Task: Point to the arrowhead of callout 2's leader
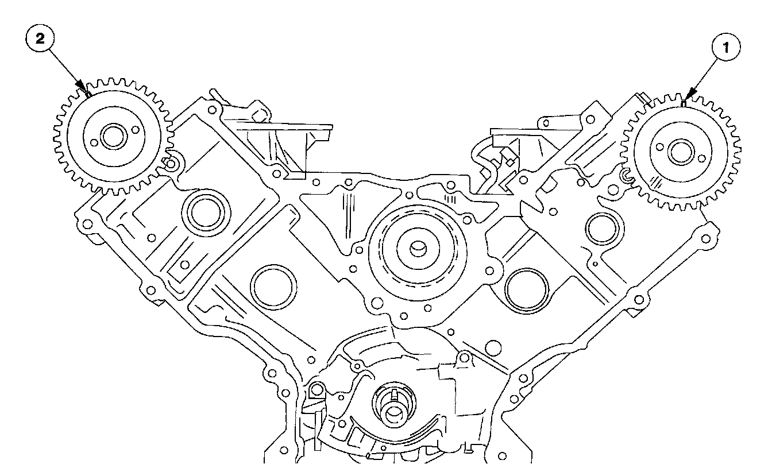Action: pos(87,94)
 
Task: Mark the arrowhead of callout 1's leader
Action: pos(685,102)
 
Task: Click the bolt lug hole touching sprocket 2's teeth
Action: pos(169,165)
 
